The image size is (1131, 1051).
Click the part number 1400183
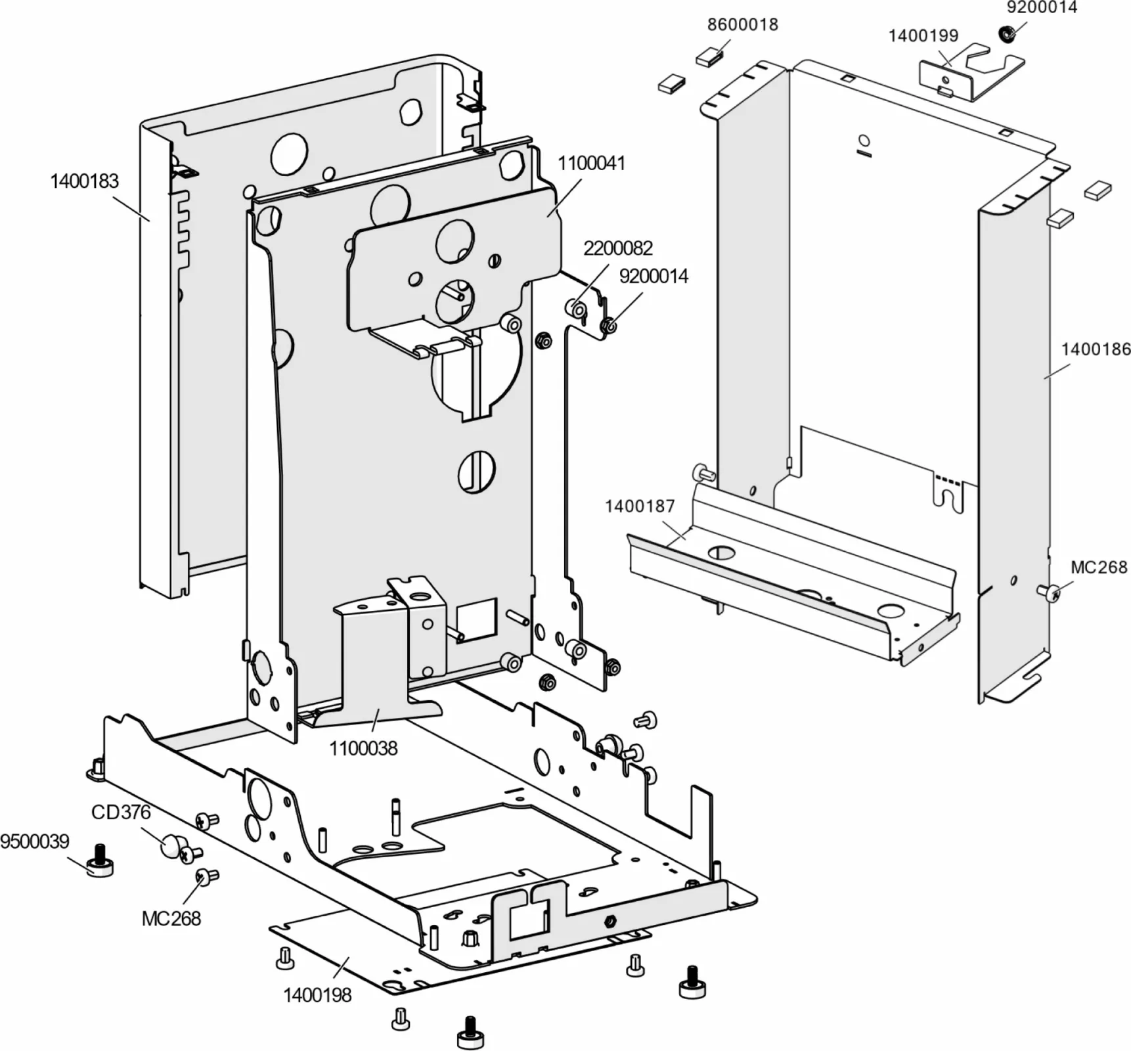tap(84, 181)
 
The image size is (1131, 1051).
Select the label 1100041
tap(591, 163)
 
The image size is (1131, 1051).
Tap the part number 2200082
tap(617, 248)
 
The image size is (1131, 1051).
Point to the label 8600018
tap(742, 25)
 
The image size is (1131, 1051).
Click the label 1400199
tap(923, 35)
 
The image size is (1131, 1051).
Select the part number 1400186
tap(1096, 349)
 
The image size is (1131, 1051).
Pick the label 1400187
tap(639, 506)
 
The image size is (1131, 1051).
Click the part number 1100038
tap(363, 748)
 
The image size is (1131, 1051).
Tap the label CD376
tap(121, 813)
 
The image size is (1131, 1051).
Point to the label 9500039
tap(34, 841)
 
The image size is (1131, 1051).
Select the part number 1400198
tap(317, 995)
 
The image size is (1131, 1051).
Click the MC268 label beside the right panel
tap(1098, 567)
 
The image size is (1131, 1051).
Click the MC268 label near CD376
tap(171, 918)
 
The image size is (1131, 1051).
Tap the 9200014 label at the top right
tap(1042, 7)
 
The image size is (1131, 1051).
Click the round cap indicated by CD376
tap(171, 845)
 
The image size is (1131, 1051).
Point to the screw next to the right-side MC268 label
tap(1049, 593)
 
